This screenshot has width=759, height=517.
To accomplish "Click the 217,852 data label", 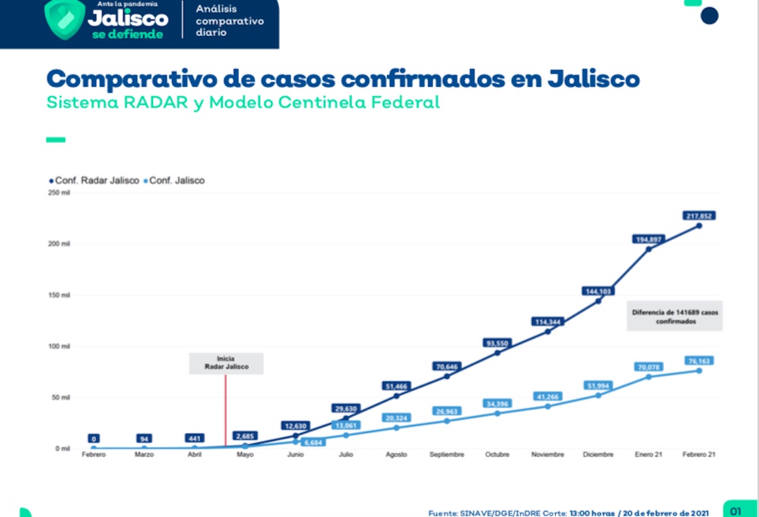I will pyautogui.click(x=699, y=215).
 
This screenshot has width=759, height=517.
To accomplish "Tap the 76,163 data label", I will pyautogui.click(x=699, y=360).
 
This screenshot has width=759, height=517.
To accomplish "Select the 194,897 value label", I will pyautogui.click(x=649, y=239).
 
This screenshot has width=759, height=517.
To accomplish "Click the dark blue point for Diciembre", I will pyautogui.click(x=598, y=301).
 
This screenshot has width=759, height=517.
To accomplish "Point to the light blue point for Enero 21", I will pyautogui.click(x=649, y=377).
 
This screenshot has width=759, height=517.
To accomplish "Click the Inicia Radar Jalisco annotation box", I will pyautogui.click(x=226, y=363).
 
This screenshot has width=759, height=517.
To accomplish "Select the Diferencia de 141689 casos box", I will pyautogui.click(x=675, y=316).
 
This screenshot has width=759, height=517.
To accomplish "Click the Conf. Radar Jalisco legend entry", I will pyautogui.click(x=94, y=181).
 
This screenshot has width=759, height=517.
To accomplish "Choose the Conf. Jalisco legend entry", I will pyautogui.click(x=174, y=181).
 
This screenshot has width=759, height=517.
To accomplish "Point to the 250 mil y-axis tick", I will pyautogui.click(x=60, y=193).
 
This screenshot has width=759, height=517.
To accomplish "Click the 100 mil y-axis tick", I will pyautogui.click(x=60, y=346).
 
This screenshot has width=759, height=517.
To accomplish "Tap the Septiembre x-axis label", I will pyautogui.click(x=447, y=455).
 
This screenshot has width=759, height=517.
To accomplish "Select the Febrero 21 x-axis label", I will pyautogui.click(x=699, y=455).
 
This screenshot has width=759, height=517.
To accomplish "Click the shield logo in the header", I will pyautogui.click(x=64, y=19).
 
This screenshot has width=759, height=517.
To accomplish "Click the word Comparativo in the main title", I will pyautogui.click(x=127, y=79).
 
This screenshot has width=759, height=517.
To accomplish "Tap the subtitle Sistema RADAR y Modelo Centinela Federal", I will pyautogui.click(x=243, y=103).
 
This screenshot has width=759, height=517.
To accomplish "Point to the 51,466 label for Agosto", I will pyautogui.click(x=396, y=386).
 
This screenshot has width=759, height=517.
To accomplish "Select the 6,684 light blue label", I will pyautogui.click(x=312, y=442).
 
